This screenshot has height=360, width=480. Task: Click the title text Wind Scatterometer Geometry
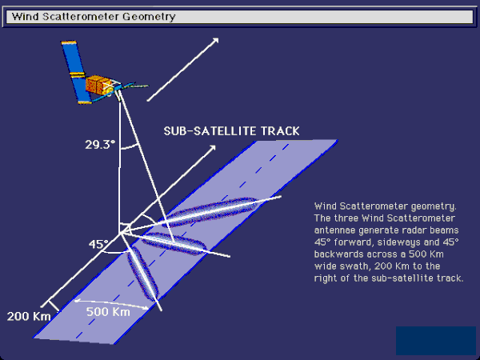[x=94, y=16]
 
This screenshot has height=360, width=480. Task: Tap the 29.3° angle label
[x=100, y=145]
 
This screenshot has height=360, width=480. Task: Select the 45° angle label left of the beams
[x=98, y=244]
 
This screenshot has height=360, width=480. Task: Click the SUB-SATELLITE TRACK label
[x=231, y=131]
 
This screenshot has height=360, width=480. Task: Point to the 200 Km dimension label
[x=29, y=316]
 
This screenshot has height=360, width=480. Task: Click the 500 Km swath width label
[x=108, y=312]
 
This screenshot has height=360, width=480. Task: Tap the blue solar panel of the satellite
[x=77, y=72]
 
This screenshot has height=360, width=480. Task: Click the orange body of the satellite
[x=98, y=85]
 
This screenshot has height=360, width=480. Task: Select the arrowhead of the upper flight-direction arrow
[x=215, y=41]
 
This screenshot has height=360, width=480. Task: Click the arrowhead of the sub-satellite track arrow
[x=212, y=149]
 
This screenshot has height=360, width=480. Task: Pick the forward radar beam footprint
[x=210, y=212]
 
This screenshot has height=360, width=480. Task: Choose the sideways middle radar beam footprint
[x=174, y=244]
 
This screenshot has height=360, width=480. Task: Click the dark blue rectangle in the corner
[x=436, y=341]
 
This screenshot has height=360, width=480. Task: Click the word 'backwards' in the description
[x=336, y=254]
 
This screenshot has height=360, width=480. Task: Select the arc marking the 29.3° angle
[x=129, y=147]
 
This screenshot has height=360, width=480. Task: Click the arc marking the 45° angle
[x=114, y=253]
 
